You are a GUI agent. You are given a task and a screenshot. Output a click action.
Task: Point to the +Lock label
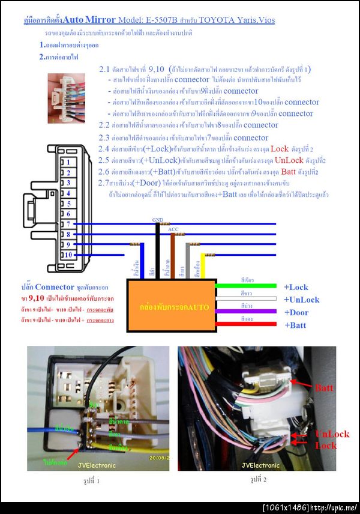click(x=296, y=287)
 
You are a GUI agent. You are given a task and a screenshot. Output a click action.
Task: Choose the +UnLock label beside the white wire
click(x=301, y=300)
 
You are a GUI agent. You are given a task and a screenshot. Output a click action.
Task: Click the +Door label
click(x=296, y=312)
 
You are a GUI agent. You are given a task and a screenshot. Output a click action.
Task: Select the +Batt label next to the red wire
click(x=295, y=325)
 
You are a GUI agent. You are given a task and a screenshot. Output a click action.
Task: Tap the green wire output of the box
click(x=246, y=286)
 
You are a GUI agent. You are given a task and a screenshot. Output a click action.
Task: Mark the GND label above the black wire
click(x=158, y=220)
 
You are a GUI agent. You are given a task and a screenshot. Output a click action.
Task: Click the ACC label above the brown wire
click(x=173, y=229)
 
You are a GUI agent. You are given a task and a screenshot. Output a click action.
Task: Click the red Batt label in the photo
click(x=323, y=388)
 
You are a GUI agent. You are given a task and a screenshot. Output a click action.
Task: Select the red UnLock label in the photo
click(x=332, y=434)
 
